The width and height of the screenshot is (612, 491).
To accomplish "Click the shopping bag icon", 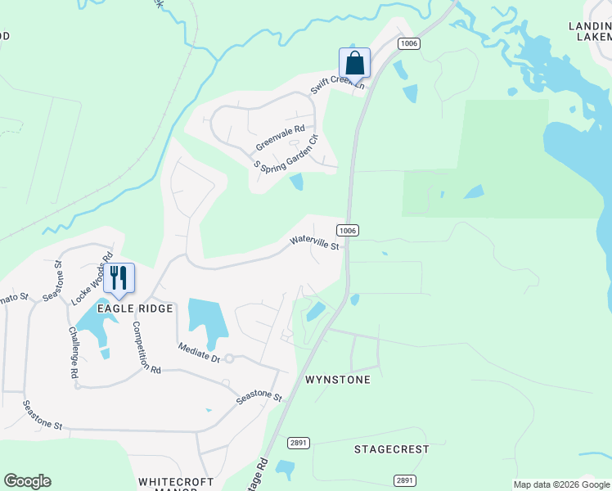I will pyautogui.click(x=354, y=63).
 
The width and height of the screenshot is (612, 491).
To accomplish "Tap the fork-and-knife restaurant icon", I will pyautogui.click(x=119, y=279).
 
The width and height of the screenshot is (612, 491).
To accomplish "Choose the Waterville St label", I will pyautogui.click(x=314, y=243).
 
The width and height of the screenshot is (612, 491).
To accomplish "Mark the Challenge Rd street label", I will pyautogui.click(x=71, y=352).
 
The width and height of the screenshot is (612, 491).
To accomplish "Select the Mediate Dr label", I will pyautogui.click(x=200, y=353).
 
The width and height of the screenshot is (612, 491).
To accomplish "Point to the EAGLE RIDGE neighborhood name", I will pyautogui.click(x=136, y=309).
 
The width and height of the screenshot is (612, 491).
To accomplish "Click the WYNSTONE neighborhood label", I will pyautogui.click(x=338, y=380).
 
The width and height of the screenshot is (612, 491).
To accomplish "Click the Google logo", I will pyautogui.click(x=27, y=481).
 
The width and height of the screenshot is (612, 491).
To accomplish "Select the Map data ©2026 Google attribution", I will pyautogui.click(x=560, y=484).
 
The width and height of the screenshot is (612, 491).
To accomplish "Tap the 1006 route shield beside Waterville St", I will pyautogui.click(x=347, y=231).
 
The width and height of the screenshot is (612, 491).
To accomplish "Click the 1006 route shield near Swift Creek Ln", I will pyautogui.click(x=409, y=43).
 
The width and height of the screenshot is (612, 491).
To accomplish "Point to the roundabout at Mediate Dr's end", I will pyautogui.click(x=230, y=358).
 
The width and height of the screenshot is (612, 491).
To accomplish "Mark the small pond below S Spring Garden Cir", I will pyautogui.click(x=296, y=182).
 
